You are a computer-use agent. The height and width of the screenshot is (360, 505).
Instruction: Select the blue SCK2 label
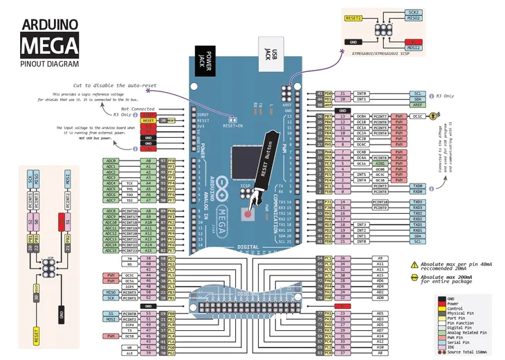(x=413, y=12)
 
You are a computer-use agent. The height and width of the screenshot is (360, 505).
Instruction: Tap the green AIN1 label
(x=380, y=163)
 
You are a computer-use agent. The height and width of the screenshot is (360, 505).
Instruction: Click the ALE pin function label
(x=129, y=353)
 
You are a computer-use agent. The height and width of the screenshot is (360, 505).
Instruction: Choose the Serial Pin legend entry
(x=465, y=343)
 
